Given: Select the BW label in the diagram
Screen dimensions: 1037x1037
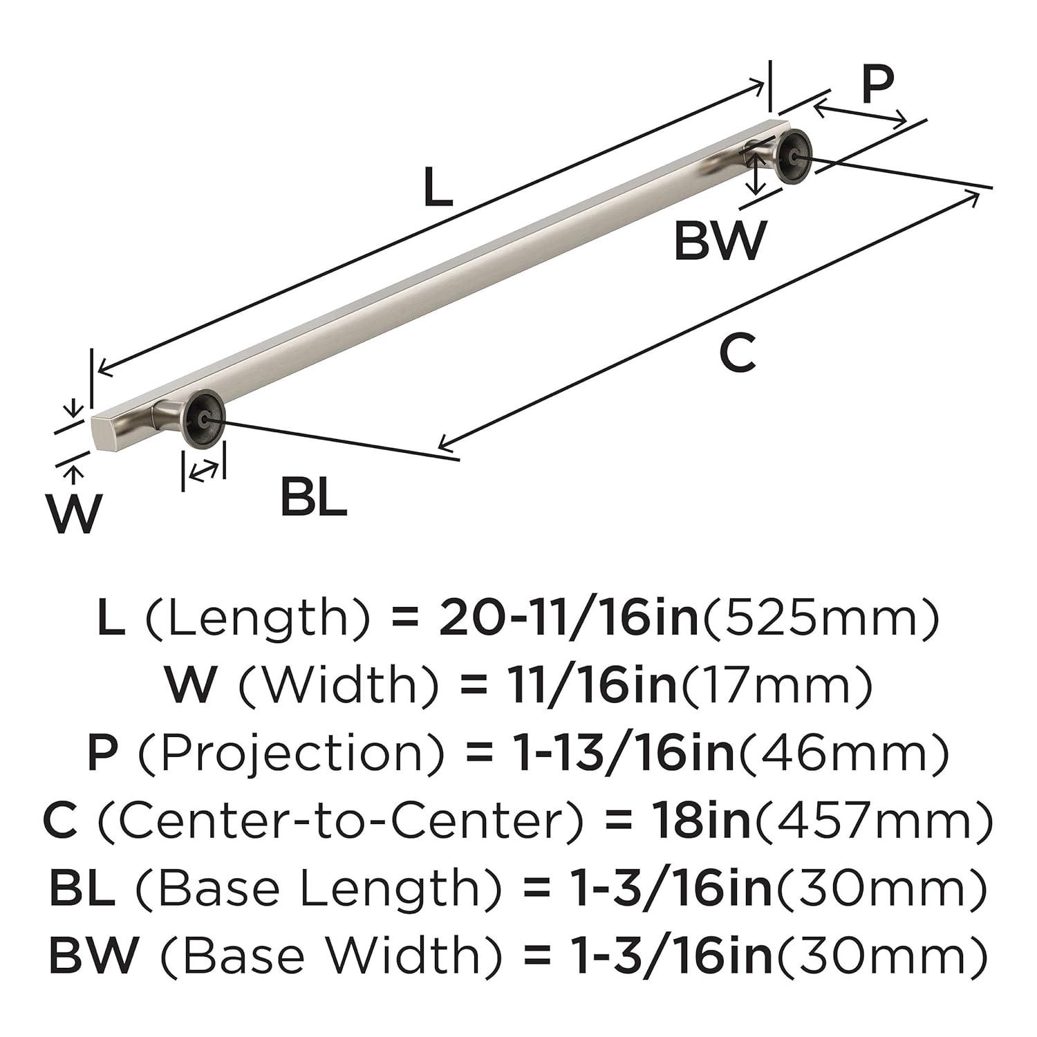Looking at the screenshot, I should pyautogui.click(x=720, y=240).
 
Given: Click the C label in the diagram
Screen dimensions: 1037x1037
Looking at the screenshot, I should pyautogui.click(x=737, y=352).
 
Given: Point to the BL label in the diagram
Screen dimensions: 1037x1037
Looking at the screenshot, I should pyautogui.click(x=313, y=498).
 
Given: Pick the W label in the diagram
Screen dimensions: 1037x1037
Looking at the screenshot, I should pyautogui.click(x=74, y=514).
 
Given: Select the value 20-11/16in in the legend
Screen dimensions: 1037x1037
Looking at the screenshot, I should pyautogui.click(x=570, y=619).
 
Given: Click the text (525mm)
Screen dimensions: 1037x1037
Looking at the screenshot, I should pyautogui.click(x=821, y=619).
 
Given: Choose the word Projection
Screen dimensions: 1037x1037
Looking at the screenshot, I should pyautogui.click(x=292, y=754).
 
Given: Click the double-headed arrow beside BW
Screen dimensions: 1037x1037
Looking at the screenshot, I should pyautogui.click(x=758, y=174).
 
